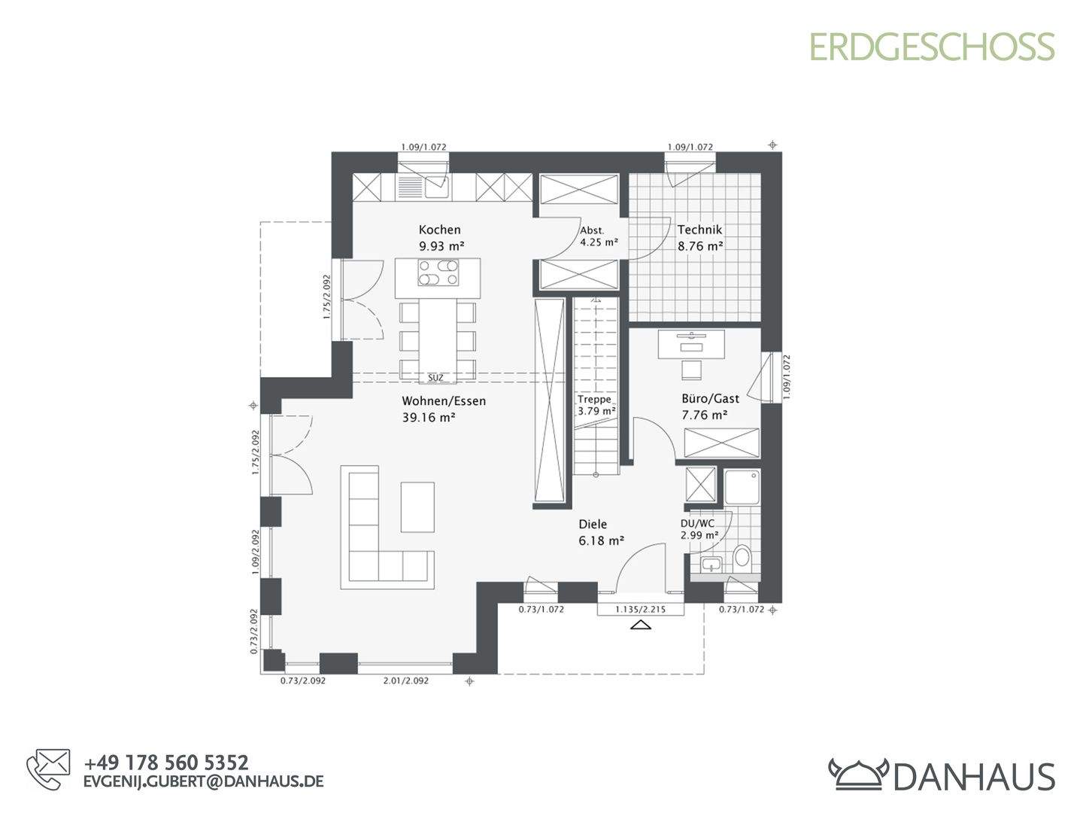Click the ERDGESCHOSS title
[x=932, y=47]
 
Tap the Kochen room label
[x=440, y=230]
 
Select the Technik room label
[x=699, y=230]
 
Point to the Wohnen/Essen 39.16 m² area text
[x=429, y=418]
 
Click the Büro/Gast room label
[x=710, y=399]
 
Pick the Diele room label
[x=593, y=525]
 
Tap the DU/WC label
[x=697, y=523]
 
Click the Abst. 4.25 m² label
[x=598, y=237]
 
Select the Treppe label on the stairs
[x=595, y=400]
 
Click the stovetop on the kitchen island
[x=438, y=273]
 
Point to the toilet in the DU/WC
[x=742, y=557]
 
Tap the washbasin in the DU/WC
[x=709, y=565]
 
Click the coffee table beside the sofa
[x=417, y=507]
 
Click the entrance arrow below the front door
[x=640, y=625]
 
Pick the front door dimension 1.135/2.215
[x=640, y=610]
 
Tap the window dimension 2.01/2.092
[x=405, y=681]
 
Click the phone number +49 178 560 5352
[x=166, y=763]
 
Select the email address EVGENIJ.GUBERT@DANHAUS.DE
[x=203, y=781]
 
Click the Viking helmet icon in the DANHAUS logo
[x=858, y=773]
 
